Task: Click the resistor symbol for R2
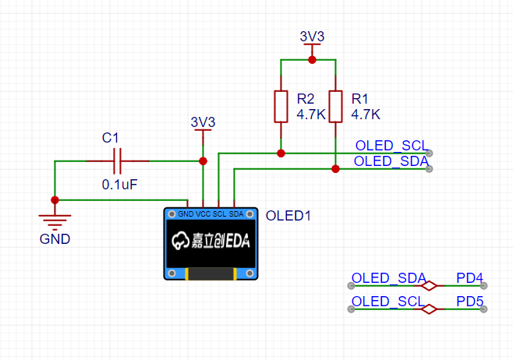click(x=281, y=107)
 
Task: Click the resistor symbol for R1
click(x=335, y=107)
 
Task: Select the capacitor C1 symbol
click(x=118, y=161)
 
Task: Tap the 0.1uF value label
click(x=119, y=185)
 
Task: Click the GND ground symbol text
click(x=55, y=239)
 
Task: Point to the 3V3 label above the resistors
click(x=312, y=37)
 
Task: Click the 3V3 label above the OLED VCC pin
click(x=203, y=122)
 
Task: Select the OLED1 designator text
click(x=288, y=216)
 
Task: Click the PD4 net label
click(x=469, y=278)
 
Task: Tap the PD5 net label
click(x=469, y=301)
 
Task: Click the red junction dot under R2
click(x=281, y=153)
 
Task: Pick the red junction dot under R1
click(x=335, y=169)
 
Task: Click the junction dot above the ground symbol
click(x=55, y=199)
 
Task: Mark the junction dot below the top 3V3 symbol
click(x=312, y=60)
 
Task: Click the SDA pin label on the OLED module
click(x=236, y=214)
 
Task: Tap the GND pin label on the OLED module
click(x=186, y=214)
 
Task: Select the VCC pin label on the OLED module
click(x=203, y=214)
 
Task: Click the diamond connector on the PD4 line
click(x=429, y=286)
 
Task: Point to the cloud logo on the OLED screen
click(x=180, y=241)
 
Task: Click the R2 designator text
click(x=306, y=99)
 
